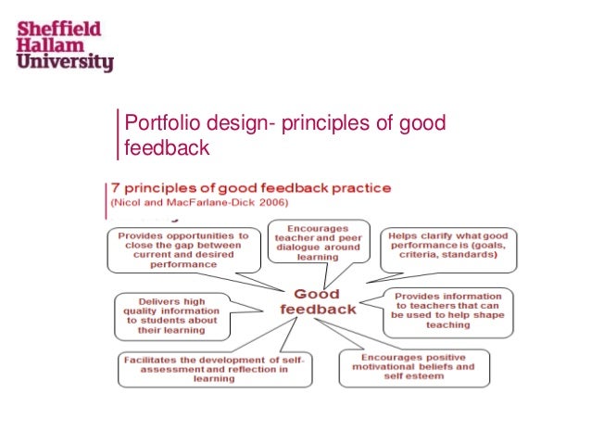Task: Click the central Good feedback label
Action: click(x=319, y=302)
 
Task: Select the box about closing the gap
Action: click(x=182, y=249)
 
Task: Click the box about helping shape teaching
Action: click(x=448, y=308)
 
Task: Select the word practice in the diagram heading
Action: click(x=356, y=187)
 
